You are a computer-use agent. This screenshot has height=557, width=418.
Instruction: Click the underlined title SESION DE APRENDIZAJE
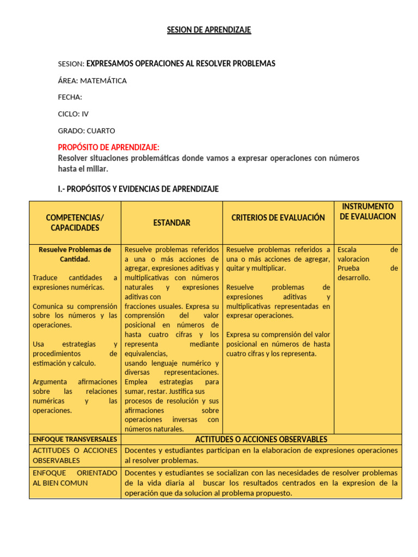click(x=209, y=30)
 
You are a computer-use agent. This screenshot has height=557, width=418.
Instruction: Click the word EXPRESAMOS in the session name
click(x=110, y=64)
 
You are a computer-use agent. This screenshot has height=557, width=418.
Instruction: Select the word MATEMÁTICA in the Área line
click(x=103, y=81)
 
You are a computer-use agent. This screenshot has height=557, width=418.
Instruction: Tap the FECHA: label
click(x=70, y=97)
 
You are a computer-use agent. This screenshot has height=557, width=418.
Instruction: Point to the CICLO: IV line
click(x=73, y=114)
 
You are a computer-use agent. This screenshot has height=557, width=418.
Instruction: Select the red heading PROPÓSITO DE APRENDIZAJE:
click(x=109, y=147)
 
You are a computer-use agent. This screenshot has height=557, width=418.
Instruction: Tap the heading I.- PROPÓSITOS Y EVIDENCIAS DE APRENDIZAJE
click(x=138, y=189)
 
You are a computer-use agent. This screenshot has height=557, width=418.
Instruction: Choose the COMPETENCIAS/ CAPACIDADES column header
click(x=75, y=222)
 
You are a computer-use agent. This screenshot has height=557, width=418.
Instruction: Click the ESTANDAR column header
click(x=171, y=222)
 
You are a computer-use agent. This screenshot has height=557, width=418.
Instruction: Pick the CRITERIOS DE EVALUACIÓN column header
click(x=278, y=218)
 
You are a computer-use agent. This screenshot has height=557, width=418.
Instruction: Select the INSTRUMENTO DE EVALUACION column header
click(x=368, y=212)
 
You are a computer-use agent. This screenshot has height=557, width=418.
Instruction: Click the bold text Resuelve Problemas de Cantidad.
click(x=75, y=254)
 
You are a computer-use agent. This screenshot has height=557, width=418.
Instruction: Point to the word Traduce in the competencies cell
click(x=45, y=278)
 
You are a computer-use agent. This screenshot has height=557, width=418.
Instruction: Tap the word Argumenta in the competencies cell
click(x=49, y=382)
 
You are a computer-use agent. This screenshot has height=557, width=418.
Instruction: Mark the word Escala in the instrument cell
click(x=347, y=250)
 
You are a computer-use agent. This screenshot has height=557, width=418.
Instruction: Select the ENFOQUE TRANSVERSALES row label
click(x=75, y=439)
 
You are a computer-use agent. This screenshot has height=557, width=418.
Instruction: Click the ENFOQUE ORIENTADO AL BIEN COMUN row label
click(x=75, y=478)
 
